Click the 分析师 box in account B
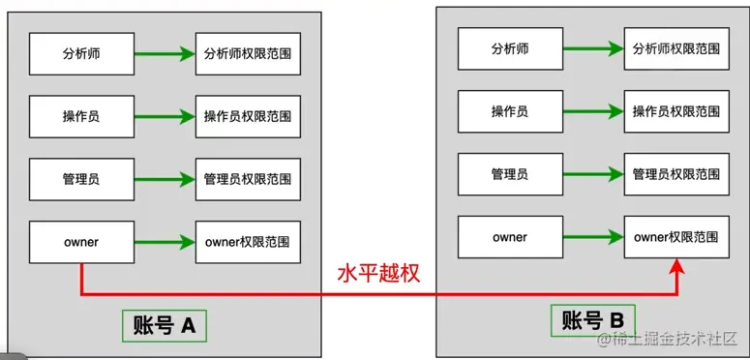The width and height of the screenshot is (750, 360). (x=509, y=49)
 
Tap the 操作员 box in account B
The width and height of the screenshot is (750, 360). (x=509, y=111)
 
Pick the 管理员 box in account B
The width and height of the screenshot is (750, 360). (x=509, y=174)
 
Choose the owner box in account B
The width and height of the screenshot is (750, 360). (x=509, y=237)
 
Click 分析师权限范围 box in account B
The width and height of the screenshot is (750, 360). (x=676, y=49)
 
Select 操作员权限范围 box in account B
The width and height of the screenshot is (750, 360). (x=676, y=111)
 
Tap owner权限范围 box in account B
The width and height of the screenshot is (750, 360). (x=676, y=237)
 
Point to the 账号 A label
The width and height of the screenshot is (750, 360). (x=164, y=325)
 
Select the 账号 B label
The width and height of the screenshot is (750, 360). (x=592, y=320)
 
